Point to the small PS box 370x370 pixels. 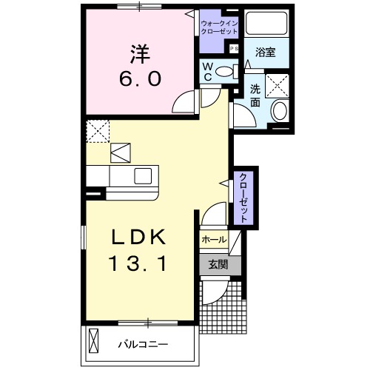coord(235,49)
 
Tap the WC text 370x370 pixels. coord(209,73)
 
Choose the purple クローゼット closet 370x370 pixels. coord(242,197)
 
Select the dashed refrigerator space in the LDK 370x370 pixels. coord(98,131)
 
